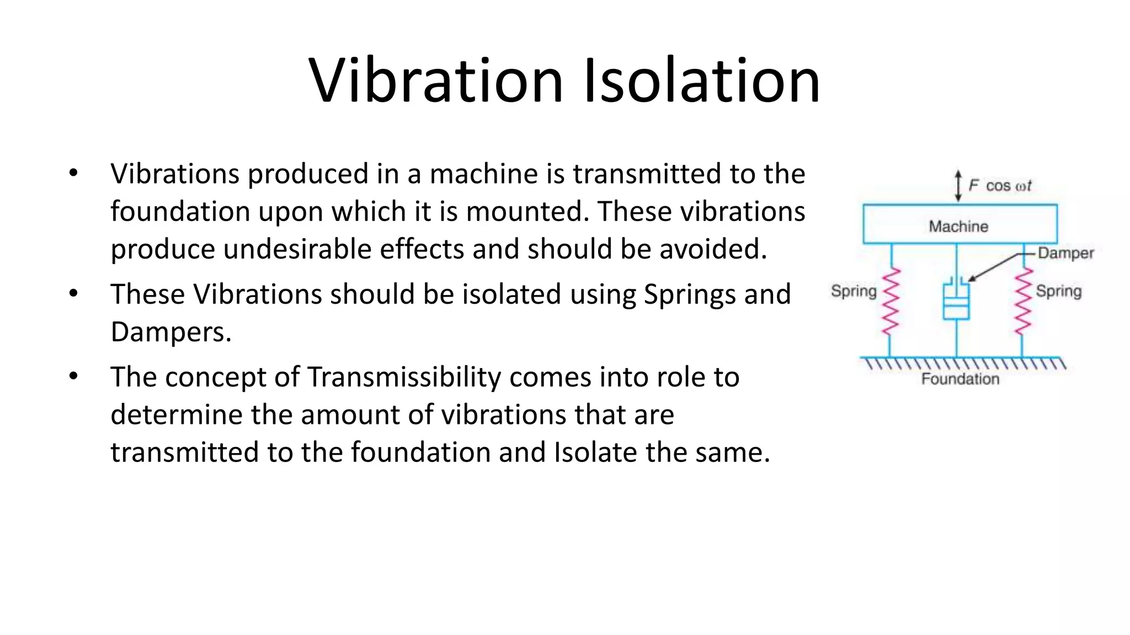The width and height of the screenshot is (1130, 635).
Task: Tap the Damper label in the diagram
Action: (x=1065, y=253)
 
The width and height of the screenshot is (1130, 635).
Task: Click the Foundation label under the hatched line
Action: (x=960, y=379)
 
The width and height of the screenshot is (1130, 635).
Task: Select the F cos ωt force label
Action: (x=1000, y=186)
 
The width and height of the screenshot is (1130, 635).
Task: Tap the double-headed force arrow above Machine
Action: (x=958, y=186)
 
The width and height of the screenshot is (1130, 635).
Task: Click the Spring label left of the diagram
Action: (x=854, y=290)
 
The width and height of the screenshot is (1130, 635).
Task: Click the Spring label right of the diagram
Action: (x=1058, y=290)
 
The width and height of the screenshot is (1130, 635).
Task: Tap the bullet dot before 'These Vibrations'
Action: (x=73, y=293)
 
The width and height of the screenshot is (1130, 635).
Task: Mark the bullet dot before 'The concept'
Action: (x=73, y=376)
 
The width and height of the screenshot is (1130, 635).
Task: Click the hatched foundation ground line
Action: (x=963, y=363)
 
